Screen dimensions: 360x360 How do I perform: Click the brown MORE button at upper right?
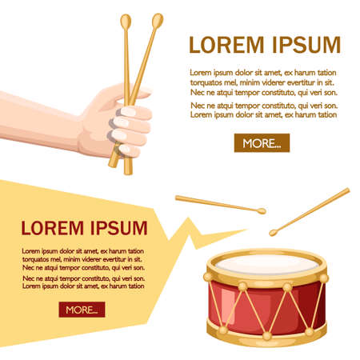262,143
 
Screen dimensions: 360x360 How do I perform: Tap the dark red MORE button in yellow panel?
81,310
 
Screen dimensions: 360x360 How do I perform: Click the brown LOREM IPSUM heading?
264,44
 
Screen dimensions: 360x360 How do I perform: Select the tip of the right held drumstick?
157,18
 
